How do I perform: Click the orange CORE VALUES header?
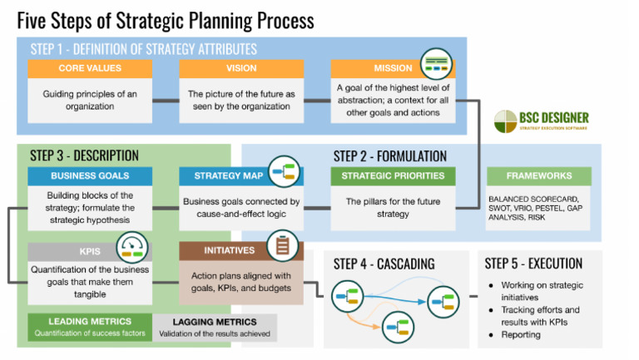tap(90, 68)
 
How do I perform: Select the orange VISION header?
tap(241, 68)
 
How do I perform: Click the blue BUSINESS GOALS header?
tap(90, 176)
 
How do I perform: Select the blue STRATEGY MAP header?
tap(223, 176)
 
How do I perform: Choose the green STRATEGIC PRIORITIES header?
tap(393, 176)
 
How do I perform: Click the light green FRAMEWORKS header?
tap(538, 176)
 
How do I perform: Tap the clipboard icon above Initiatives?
tap(284, 244)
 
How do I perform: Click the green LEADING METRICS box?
tap(90, 327)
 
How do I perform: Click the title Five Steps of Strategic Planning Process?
tap(166, 18)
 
